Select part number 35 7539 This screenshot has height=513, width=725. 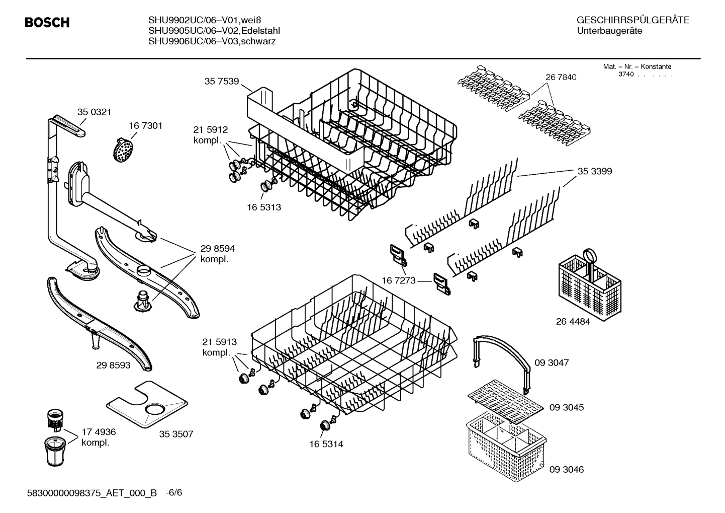221,81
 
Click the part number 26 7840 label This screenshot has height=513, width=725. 561,77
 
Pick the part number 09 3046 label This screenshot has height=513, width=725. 566,469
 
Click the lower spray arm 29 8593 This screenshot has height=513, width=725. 98,324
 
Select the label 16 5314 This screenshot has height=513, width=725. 326,445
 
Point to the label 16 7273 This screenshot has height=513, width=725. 399,280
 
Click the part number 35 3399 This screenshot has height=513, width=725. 594,171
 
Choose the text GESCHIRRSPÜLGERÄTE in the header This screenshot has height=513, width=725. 632,21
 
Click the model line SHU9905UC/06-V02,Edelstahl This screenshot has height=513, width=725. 214,31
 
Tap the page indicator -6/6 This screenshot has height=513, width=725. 174,492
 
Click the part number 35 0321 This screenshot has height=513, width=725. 94,112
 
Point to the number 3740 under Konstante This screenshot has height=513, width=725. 625,75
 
